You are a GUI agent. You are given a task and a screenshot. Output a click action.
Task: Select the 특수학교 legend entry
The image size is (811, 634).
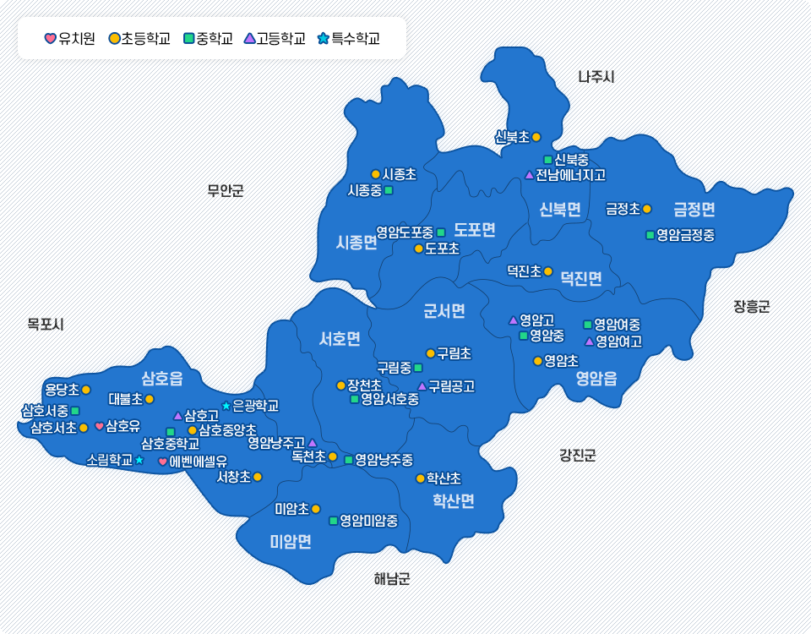(x=348, y=38)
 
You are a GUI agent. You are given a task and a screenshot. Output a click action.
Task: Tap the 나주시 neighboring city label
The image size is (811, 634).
(x=596, y=77)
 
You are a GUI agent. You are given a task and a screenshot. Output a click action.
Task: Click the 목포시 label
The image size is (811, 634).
(x=46, y=324)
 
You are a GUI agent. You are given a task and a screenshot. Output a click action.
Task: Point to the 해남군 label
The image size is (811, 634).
(x=391, y=579)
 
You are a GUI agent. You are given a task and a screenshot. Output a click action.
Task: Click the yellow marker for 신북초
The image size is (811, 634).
(x=536, y=137)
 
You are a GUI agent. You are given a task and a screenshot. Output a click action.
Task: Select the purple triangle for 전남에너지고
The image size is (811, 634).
(x=530, y=175)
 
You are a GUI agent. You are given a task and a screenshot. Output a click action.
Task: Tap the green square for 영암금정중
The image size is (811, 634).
(x=650, y=235)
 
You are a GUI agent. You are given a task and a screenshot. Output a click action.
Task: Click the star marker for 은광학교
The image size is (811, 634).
(x=226, y=406)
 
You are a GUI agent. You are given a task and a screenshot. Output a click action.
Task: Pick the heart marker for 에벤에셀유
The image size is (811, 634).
(x=163, y=462)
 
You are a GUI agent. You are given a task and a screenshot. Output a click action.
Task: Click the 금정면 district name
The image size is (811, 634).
(x=694, y=209)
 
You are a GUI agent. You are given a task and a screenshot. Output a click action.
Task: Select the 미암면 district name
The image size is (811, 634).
(x=291, y=542)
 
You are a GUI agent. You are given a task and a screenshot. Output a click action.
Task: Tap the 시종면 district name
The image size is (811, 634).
(x=356, y=243)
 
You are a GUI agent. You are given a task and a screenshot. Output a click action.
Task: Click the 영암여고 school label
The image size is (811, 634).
(x=618, y=342)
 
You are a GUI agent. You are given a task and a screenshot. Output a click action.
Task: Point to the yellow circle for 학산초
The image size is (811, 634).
(x=420, y=478)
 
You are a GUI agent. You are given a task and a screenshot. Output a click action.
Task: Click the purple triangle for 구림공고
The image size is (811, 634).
(x=422, y=386)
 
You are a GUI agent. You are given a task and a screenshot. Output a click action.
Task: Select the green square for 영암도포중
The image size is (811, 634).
(x=440, y=232)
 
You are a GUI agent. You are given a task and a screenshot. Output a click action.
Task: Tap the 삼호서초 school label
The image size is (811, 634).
(x=53, y=428)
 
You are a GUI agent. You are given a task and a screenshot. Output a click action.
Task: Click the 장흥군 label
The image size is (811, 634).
(x=751, y=307)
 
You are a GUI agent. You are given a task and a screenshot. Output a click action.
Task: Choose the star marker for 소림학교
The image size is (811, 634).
(x=139, y=460)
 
